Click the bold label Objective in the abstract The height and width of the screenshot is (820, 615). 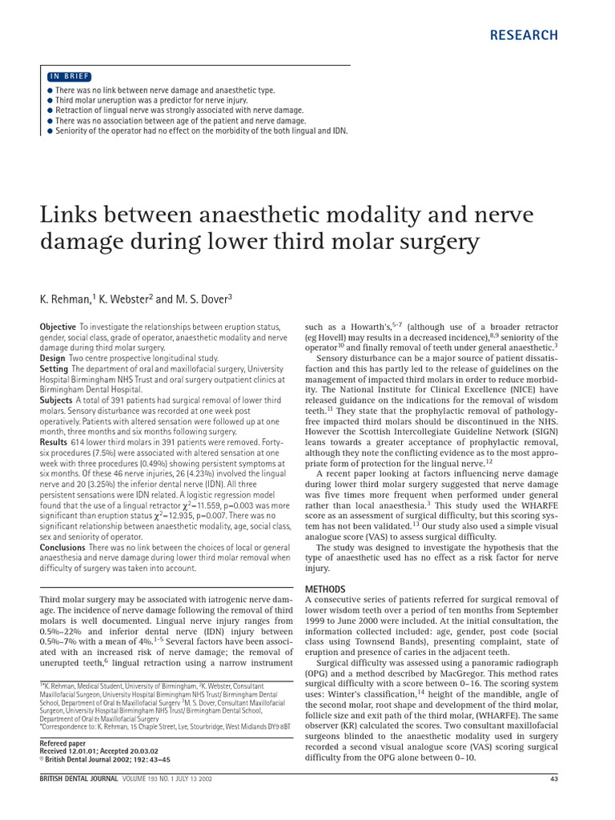pyautogui.click(x=58, y=328)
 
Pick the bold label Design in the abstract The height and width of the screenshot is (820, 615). pyautogui.click(x=53, y=359)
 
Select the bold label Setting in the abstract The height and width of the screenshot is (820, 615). pyautogui.click(x=54, y=369)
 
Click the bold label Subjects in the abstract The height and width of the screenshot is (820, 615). pyautogui.click(x=56, y=400)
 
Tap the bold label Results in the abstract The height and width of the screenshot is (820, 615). pyautogui.click(x=54, y=441)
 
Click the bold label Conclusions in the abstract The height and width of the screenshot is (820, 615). pyautogui.click(x=62, y=546)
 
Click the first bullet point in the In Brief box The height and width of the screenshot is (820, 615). pyautogui.click(x=50, y=90)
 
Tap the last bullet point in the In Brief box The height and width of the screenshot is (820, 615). pyautogui.click(x=50, y=130)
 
